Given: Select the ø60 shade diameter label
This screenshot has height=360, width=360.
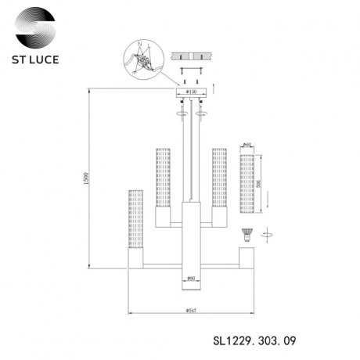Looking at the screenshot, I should [247, 145].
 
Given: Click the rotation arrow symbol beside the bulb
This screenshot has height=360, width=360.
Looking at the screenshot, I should [268, 232].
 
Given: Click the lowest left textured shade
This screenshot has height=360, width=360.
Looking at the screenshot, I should [135, 218].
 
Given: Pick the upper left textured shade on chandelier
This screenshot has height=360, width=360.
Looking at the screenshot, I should [163, 176].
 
